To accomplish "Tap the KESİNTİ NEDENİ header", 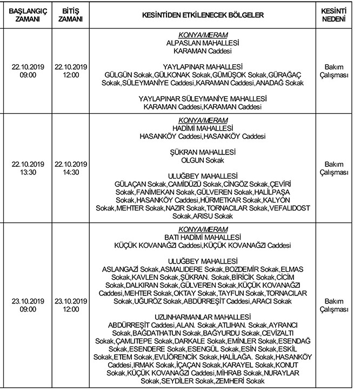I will [334, 14].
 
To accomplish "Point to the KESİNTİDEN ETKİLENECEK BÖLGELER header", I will [203, 15].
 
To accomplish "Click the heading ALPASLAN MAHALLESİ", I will [203, 42].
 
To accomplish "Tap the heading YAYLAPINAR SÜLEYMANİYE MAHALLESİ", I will [203, 99].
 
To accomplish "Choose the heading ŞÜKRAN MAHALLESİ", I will [203, 152].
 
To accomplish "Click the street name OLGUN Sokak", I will [203, 160].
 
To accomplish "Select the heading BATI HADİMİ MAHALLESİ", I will [203, 237].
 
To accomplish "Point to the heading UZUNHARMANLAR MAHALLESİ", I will [203, 316].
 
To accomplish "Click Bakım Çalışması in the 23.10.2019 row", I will [334, 305].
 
